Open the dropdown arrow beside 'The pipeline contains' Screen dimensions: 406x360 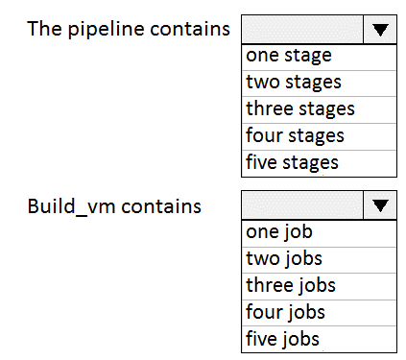pyautogui.click(x=380, y=30)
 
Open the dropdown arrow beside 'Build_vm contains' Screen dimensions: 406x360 pyautogui.click(x=380, y=205)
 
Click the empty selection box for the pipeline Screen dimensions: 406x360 pyautogui.click(x=302, y=30)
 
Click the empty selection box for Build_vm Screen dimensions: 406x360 pyautogui.click(x=302, y=205)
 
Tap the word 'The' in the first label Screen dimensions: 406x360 pyautogui.click(x=44, y=28)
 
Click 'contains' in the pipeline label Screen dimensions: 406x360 pyautogui.click(x=190, y=29)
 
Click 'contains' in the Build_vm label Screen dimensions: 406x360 pyautogui.click(x=161, y=206)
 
